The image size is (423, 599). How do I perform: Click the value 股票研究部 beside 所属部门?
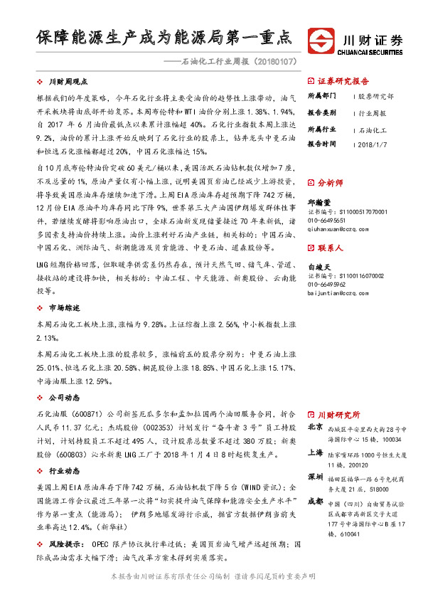[x=376, y=95]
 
